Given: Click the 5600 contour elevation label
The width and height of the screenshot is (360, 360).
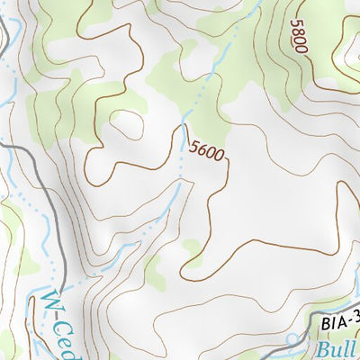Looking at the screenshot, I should click(x=206, y=151).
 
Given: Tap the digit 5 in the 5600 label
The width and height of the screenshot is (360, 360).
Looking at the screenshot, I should click(x=193, y=144).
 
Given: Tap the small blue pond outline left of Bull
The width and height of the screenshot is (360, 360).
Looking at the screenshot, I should click(x=292, y=341).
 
